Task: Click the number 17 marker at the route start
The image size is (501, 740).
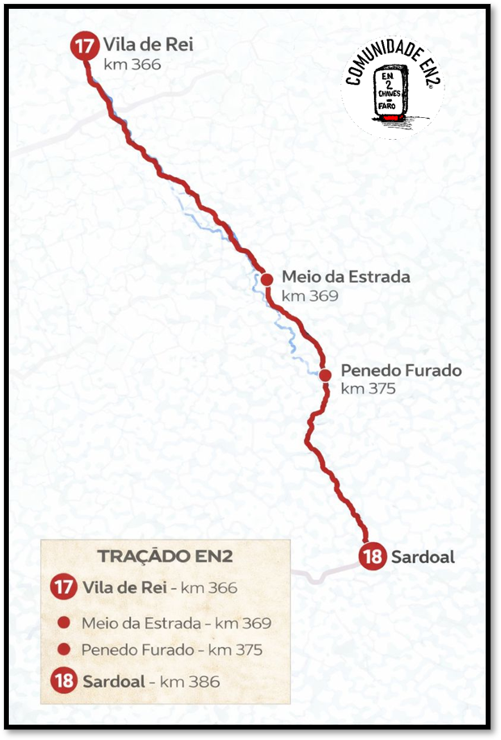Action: [x=83, y=46]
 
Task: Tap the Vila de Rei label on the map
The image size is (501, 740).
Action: [x=148, y=44]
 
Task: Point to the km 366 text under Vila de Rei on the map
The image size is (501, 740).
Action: [x=133, y=65]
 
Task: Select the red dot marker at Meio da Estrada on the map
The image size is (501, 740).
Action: [x=267, y=279]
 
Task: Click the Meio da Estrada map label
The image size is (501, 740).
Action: [x=346, y=277]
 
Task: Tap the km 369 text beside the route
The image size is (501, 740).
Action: [x=309, y=296]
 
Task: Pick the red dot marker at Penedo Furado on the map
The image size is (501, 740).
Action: [x=325, y=375]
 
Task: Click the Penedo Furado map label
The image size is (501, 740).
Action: [x=401, y=371]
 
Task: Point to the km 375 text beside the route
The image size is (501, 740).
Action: [x=368, y=389]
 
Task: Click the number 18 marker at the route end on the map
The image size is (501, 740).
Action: [x=373, y=557]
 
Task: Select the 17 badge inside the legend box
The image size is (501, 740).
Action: [x=64, y=587]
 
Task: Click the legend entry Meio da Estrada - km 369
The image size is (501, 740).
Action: [x=176, y=623]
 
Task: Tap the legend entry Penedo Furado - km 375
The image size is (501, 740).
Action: [x=171, y=650]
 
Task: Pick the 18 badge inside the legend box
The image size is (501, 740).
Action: [x=64, y=681]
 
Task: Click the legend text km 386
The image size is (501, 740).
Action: [x=190, y=681]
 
